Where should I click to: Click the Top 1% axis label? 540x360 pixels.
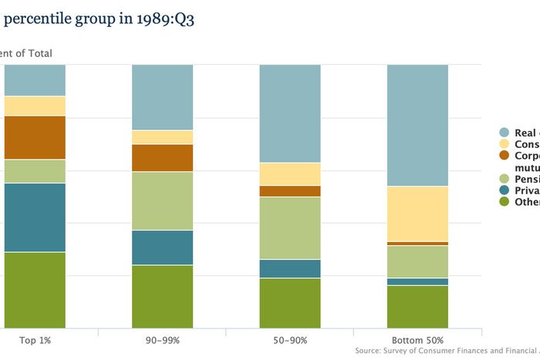pos(35,340)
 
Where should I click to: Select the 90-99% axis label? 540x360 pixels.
pos(162,340)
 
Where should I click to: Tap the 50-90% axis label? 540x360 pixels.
pos(289,340)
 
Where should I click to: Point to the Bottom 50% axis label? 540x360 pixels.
pos(417,340)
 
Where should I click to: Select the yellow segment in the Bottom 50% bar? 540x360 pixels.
pos(417,214)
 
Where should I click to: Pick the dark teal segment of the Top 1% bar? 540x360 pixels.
pos(35,217)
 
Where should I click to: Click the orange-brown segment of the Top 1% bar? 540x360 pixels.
pos(35,137)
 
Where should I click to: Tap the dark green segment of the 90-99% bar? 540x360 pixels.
pos(162,297)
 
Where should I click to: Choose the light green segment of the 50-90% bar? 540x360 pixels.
pos(289,227)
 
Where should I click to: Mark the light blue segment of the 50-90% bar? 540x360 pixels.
pos(289,113)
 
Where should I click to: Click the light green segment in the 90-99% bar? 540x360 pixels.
pos(162,200)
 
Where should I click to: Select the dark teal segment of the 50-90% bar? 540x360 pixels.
pos(289,268)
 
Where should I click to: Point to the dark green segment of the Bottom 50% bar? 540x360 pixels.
pos(417,307)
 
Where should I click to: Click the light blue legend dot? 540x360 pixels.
pos(505,133)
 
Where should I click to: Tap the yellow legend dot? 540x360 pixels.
pos(505,144)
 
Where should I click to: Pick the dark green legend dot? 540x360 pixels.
pos(505,202)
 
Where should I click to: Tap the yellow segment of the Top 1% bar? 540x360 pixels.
pos(35,106)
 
